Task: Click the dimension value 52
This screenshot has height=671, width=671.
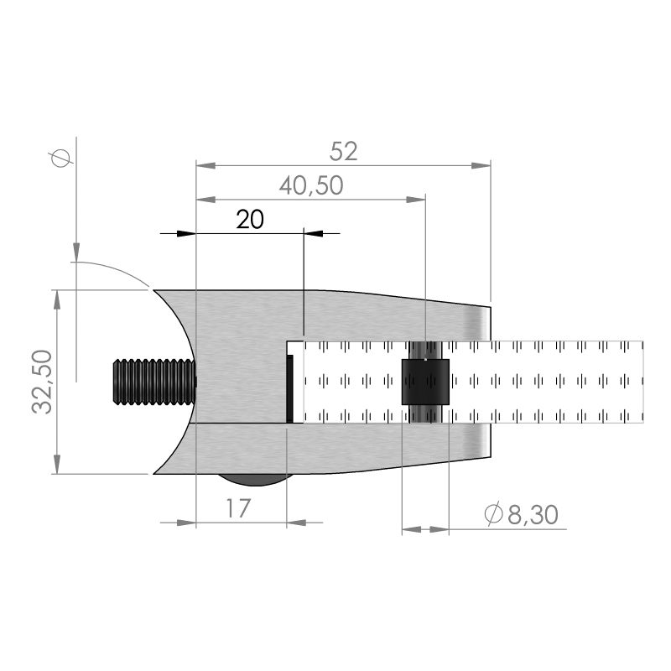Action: coord(343,152)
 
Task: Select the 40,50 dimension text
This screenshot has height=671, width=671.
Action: coord(311,185)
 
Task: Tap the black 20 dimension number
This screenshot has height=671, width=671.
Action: coord(250,220)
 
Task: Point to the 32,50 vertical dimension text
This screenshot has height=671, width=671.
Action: coord(42,382)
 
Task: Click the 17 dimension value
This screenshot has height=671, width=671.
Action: coord(238,508)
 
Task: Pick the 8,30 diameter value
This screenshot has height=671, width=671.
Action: coord(533,514)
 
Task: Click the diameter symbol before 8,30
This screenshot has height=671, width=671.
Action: coord(493,513)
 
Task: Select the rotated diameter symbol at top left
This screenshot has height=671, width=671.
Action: coord(60,158)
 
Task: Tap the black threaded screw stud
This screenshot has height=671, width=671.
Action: coord(154,382)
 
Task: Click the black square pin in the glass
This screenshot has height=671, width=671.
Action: coord(425,382)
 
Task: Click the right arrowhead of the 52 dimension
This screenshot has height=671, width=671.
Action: coord(481,165)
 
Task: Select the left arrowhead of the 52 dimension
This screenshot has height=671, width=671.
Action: coord(205,165)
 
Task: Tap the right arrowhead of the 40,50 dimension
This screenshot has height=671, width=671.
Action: coord(415,200)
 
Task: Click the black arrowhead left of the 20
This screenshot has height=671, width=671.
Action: coord(186,234)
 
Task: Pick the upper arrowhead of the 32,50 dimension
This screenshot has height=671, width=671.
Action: coord(57,299)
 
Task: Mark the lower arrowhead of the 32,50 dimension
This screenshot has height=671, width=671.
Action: coord(57,465)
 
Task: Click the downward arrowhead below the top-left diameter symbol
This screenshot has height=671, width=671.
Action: coord(76,252)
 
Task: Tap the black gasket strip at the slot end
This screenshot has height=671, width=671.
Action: coord(289,388)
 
